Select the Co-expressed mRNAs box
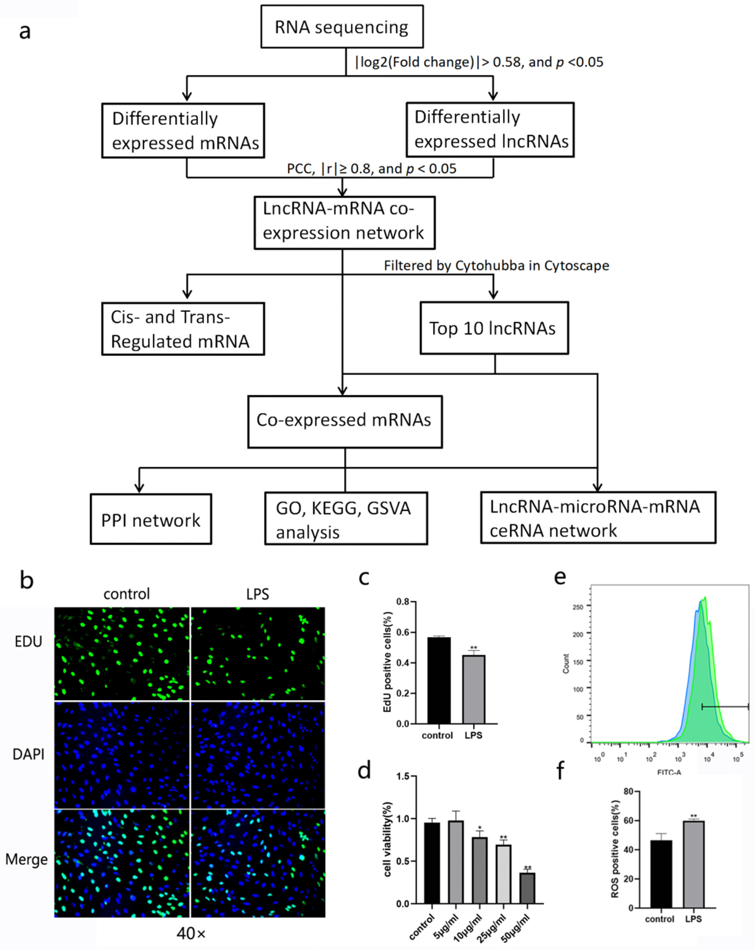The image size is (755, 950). pyautogui.click(x=345, y=420)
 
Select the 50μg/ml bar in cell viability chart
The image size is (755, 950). pyautogui.click(x=527, y=888)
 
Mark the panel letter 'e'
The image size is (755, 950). pyautogui.click(x=560, y=577)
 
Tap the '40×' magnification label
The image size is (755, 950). pyautogui.click(x=191, y=933)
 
